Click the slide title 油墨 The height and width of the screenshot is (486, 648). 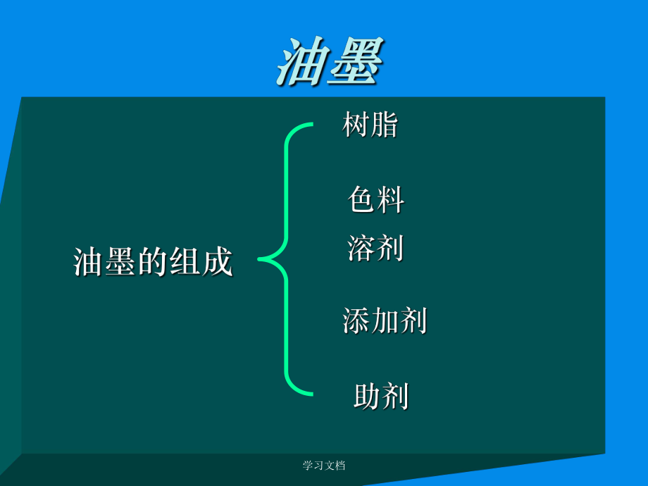(330, 61)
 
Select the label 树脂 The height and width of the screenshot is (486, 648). (370, 125)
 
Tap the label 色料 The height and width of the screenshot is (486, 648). (376, 200)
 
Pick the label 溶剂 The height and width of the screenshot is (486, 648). (375, 248)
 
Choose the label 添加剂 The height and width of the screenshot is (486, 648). (385, 321)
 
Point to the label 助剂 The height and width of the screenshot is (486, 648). (381, 397)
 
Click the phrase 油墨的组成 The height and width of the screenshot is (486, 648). (153, 262)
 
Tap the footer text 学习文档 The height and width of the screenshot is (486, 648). (324, 466)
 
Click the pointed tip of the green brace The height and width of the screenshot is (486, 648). (260, 259)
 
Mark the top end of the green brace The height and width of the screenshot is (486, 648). (311, 126)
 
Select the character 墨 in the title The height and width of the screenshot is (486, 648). (356, 62)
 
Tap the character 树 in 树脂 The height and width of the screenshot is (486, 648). (356, 125)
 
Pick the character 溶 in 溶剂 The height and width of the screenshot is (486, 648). (361, 248)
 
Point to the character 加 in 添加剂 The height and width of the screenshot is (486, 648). (385, 321)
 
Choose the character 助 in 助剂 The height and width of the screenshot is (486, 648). (367, 397)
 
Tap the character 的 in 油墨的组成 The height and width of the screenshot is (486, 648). (153, 262)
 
